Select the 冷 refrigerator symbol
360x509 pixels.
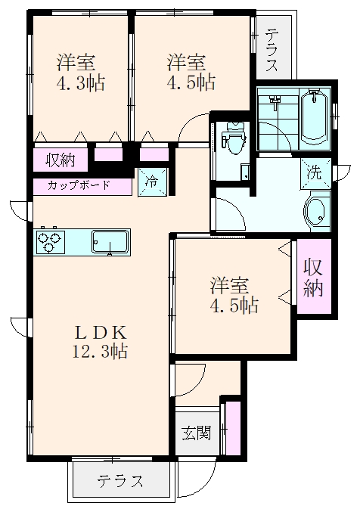[151, 182]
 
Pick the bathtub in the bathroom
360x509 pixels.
[312, 116]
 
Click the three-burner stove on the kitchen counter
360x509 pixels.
[51, 243]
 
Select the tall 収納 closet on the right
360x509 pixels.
[313, 278]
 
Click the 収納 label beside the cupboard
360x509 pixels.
[60, 159]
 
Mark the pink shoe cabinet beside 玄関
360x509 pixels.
[233, 428]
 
